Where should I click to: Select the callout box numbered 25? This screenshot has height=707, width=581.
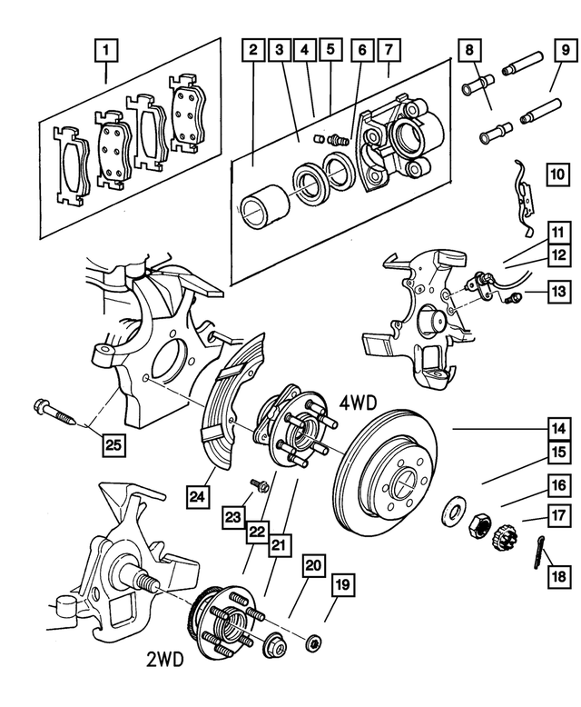pos(111,444)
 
